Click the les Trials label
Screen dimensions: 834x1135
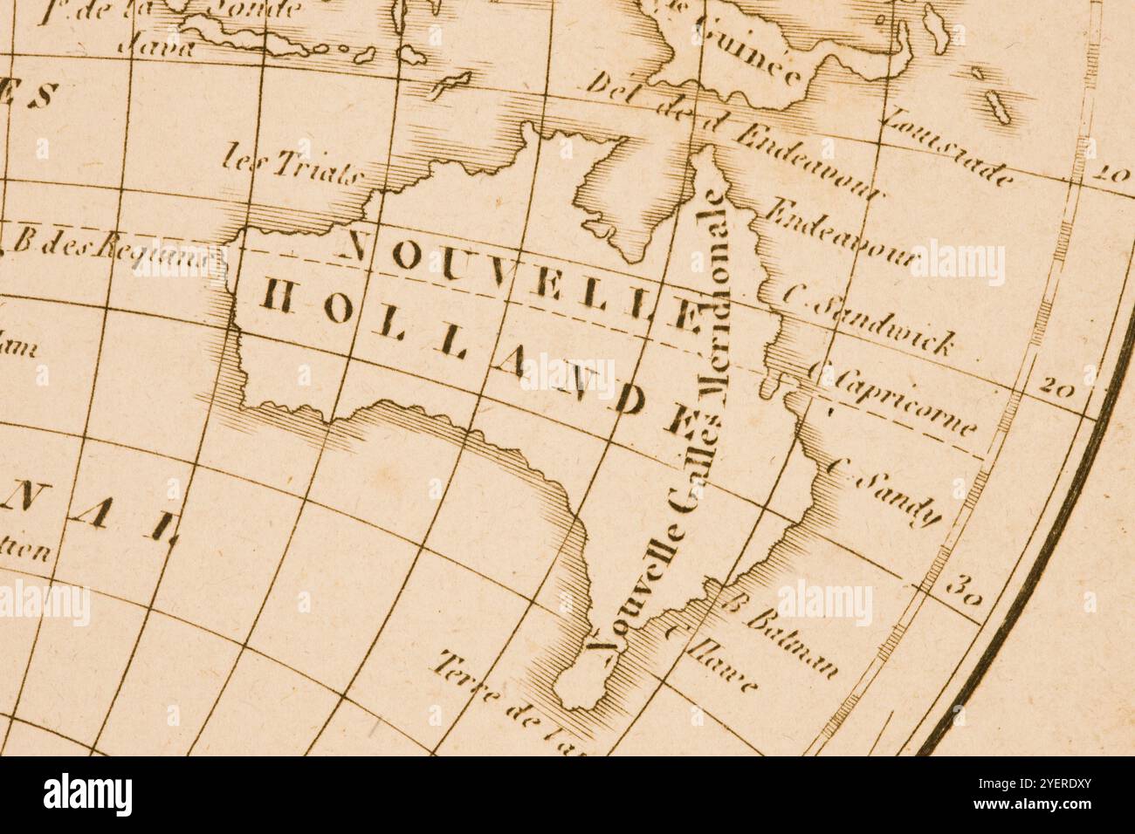[x=292, y=167]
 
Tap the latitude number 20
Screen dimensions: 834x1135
[x=1056, y=387]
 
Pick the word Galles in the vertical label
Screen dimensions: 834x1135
[x=695, y=462]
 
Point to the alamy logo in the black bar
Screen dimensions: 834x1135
[x=87, y=795]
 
